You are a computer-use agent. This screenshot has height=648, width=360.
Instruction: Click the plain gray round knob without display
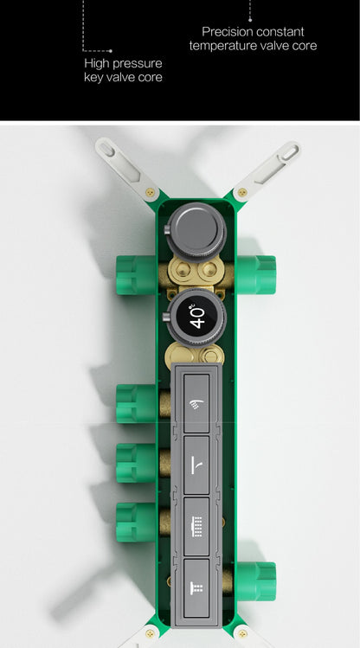(196, 232)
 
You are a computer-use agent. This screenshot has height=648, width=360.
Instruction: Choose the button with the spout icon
(196, 465)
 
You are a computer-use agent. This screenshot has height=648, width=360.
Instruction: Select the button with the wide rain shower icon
(196, 527)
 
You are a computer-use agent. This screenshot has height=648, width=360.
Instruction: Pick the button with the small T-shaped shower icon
(196, 588)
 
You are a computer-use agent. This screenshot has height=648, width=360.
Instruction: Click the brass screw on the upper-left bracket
(150, 192)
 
